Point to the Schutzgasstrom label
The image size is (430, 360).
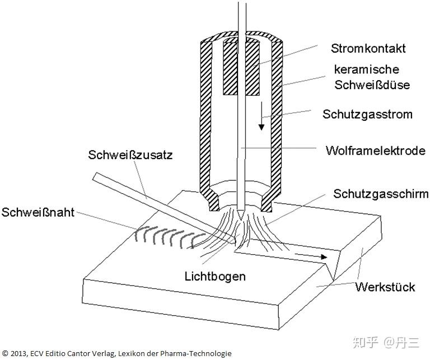(367, 114)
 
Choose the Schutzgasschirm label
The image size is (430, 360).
(381, 194)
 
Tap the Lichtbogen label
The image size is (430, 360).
(216, 276)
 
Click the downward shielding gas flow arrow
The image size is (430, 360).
(261, 120)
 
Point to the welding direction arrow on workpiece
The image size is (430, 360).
(311, 256)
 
